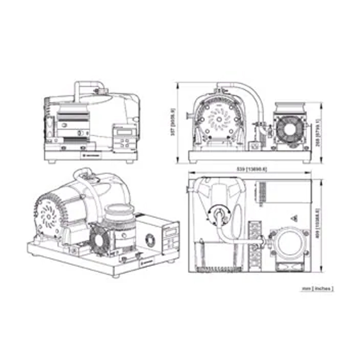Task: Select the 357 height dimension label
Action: tap(173, 123)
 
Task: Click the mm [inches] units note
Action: tap(317, 289)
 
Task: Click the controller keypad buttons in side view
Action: tap(124, 142)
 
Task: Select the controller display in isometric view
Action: tap(171, 230)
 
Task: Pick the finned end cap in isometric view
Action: tap(48, 213)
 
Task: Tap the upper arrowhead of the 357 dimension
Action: tap(178, 84)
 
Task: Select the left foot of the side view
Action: tap(52, 161)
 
